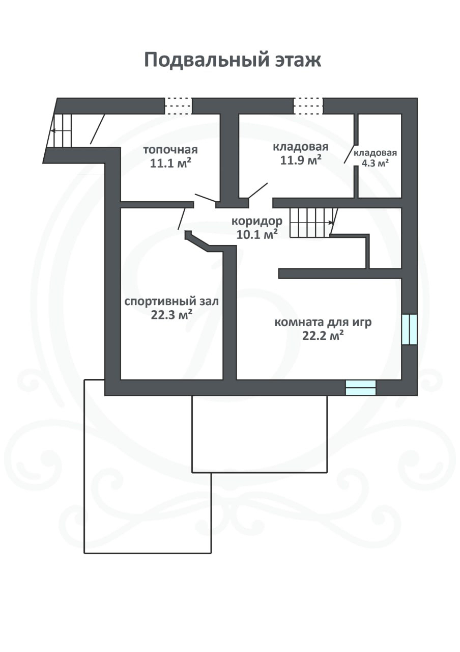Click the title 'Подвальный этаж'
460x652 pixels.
233,60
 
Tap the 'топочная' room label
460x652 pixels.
170,150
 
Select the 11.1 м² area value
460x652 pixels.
170,163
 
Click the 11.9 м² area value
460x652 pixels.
301,160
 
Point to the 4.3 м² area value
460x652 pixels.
375,163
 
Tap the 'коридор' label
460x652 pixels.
257,222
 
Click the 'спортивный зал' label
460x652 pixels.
171,302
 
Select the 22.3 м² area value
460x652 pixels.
171,315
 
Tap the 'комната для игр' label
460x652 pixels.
323,323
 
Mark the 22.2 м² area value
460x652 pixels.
323,336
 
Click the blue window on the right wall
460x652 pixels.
410,330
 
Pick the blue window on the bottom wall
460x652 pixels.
361,388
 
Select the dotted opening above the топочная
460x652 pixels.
178,105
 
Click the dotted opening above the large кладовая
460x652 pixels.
308,105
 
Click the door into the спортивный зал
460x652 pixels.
182,219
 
